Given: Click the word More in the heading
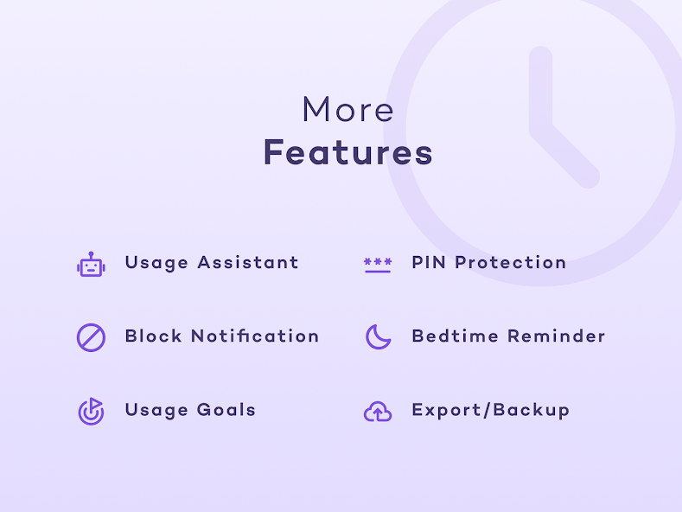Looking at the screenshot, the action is click(x=348, y=109).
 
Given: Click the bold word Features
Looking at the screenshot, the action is click(x=348, y=152).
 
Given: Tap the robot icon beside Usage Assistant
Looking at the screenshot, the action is click(x=91, y=265).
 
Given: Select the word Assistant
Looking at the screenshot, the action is click(x=248, y=263).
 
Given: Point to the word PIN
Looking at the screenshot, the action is click(x=429, y=263).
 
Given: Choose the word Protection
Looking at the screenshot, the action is click(x=511, y=263).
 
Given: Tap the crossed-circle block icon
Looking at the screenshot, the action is click(x=91, y=337).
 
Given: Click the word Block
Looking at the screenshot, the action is click(x=154, y=336).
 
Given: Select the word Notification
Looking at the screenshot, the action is click(x=255, y=336).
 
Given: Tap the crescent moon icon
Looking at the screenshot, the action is click(x=378, y=337).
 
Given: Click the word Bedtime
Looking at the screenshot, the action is click(x=455, y=336).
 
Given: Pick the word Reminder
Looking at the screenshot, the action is click(x=557, y=336).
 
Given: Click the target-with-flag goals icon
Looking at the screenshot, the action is click(x=91, y=411).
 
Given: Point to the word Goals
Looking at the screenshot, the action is click(x=226, y=410).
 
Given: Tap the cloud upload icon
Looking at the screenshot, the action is click(x=378, y=412).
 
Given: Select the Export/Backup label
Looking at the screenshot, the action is click(x=491, y=411).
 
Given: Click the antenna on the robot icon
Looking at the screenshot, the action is click(x=91, y=254).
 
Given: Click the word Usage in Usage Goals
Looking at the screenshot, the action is click(x=156, y=411).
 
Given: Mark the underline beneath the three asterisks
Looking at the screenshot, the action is click(x=378, y=272).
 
